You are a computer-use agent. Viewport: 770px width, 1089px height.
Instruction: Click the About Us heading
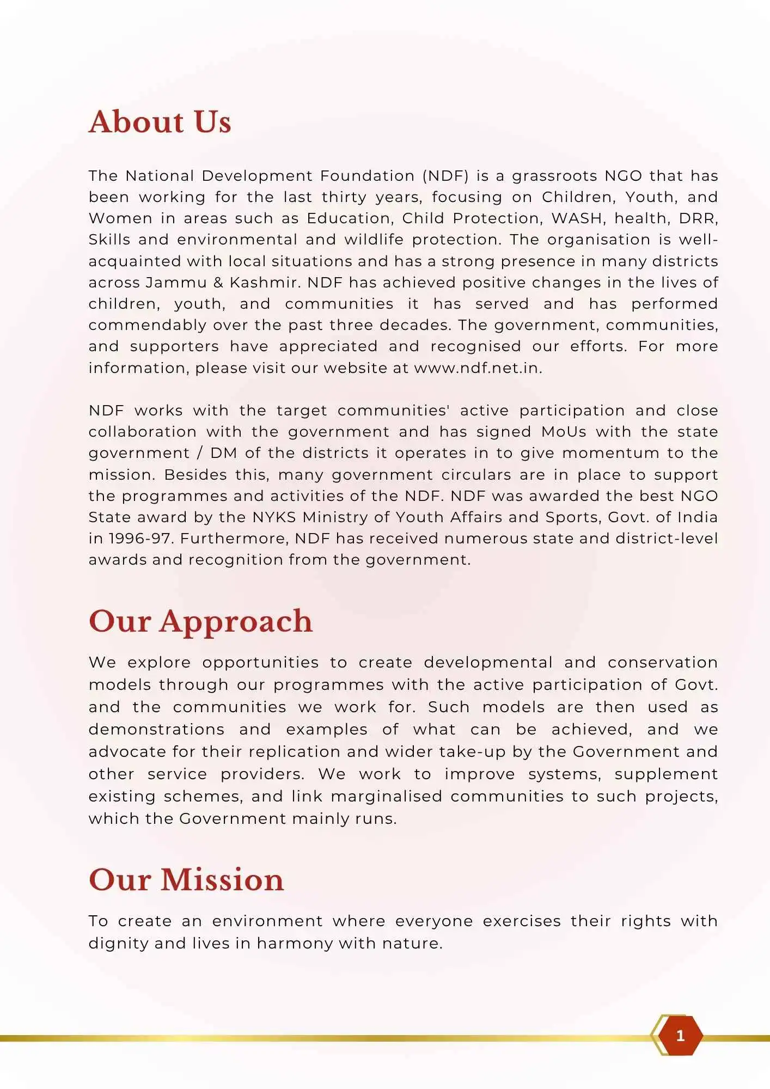(x=160, y=121)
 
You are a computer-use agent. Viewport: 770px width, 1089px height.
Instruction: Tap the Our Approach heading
(x=200, y=621)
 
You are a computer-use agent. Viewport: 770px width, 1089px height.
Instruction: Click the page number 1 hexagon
(x=680, y=1036)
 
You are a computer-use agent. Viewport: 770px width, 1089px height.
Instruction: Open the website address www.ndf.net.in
(x=477, y=368)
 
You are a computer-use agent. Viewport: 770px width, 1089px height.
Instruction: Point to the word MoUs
(x=564, y=432)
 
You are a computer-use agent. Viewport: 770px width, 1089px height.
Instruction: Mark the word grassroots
(x=554, y=176)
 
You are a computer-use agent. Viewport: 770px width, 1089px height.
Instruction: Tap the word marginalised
(x=386, y=797)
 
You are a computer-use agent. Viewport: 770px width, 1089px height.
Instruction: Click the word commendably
(x=147, y=325)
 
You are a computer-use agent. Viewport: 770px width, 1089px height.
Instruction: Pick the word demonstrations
(x=156, y=730)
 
